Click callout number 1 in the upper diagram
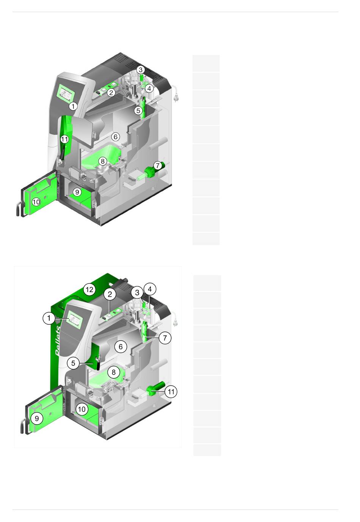click(73, 106)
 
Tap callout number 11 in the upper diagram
click(64, 139)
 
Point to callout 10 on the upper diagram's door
click(36, 202)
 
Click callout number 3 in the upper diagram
click(140, 69)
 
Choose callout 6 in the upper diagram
click(116, 136)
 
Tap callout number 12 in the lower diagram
click(89, 290)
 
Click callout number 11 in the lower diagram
click(171, 392)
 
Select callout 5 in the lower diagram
click(73, 363)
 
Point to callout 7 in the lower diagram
click(165, 338)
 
